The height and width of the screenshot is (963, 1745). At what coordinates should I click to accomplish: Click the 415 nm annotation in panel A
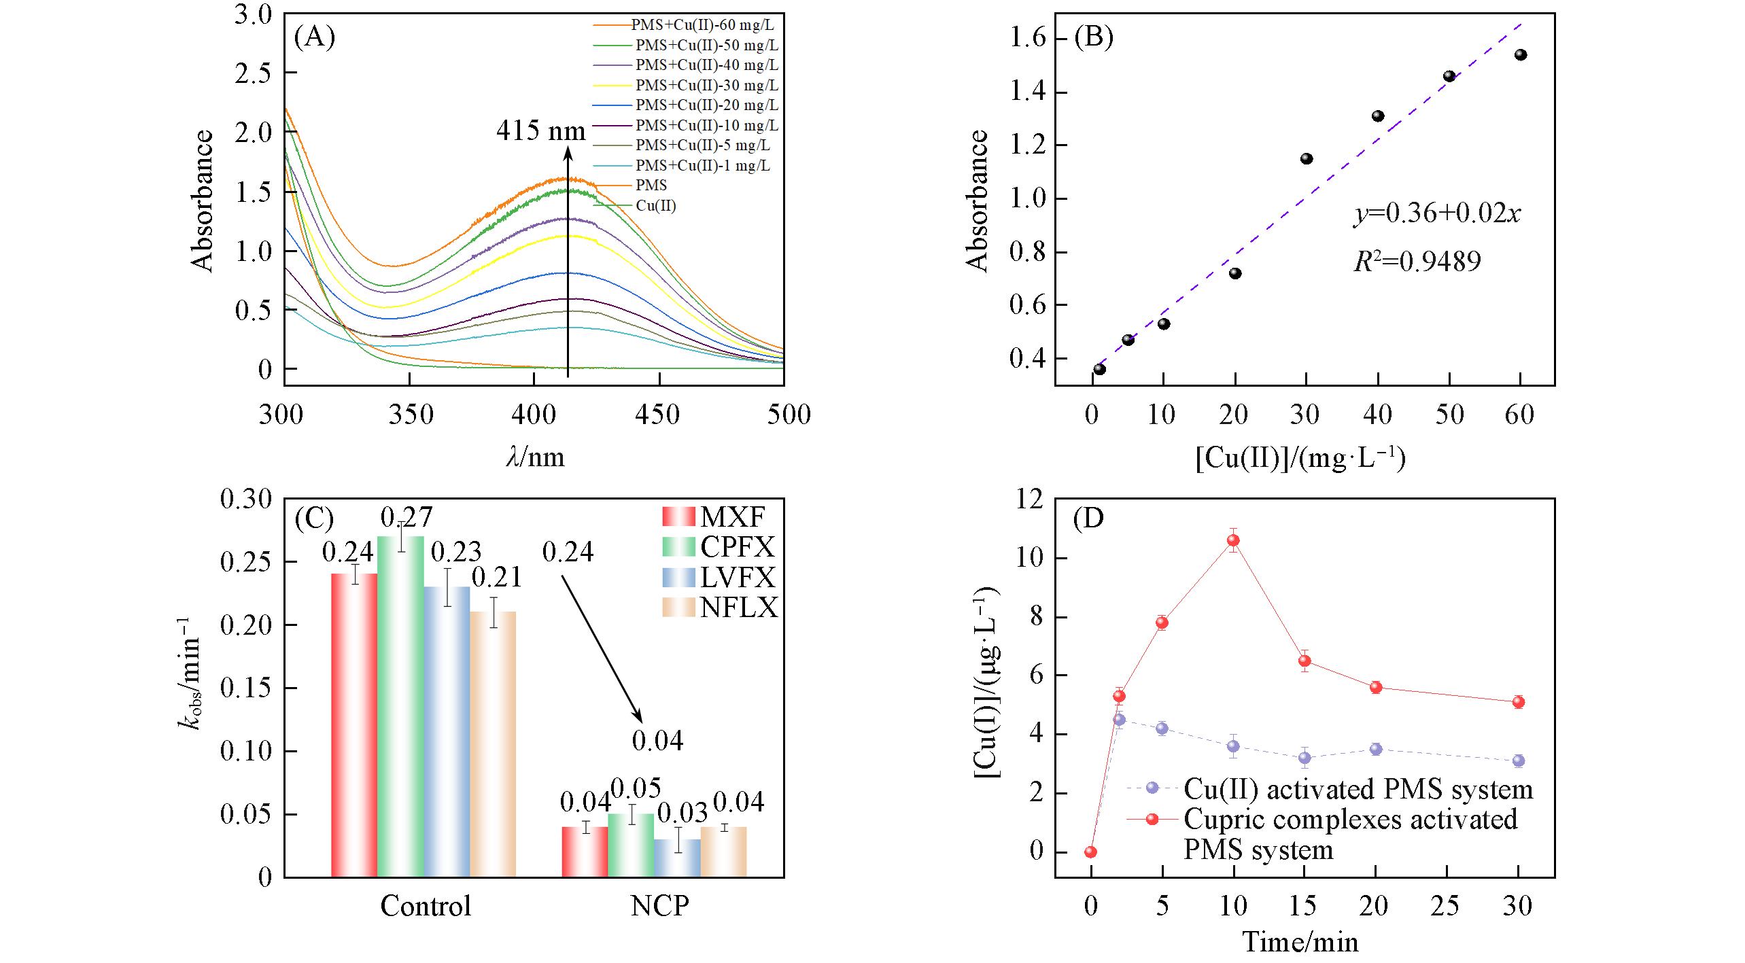(x=540, y=130)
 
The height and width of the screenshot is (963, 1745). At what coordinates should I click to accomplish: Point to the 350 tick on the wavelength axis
(x=410, y=414)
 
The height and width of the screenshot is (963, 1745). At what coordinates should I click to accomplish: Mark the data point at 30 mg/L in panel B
(x=1307, y=159)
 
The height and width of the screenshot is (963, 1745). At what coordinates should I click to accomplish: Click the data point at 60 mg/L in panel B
(x=1521, y=55)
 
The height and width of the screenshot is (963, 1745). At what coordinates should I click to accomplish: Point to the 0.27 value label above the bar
(x=407, y=518)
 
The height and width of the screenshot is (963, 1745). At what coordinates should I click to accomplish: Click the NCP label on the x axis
(x=659, y=906)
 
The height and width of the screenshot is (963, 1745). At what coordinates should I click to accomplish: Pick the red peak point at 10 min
(x=1233, y=540)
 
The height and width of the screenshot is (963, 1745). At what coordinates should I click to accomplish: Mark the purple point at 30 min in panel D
(x=1519, y=761)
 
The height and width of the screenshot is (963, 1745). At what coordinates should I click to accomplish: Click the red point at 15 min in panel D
(x=1305, y=661)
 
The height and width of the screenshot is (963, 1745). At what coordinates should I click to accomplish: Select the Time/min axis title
(x=1300, y=942)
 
